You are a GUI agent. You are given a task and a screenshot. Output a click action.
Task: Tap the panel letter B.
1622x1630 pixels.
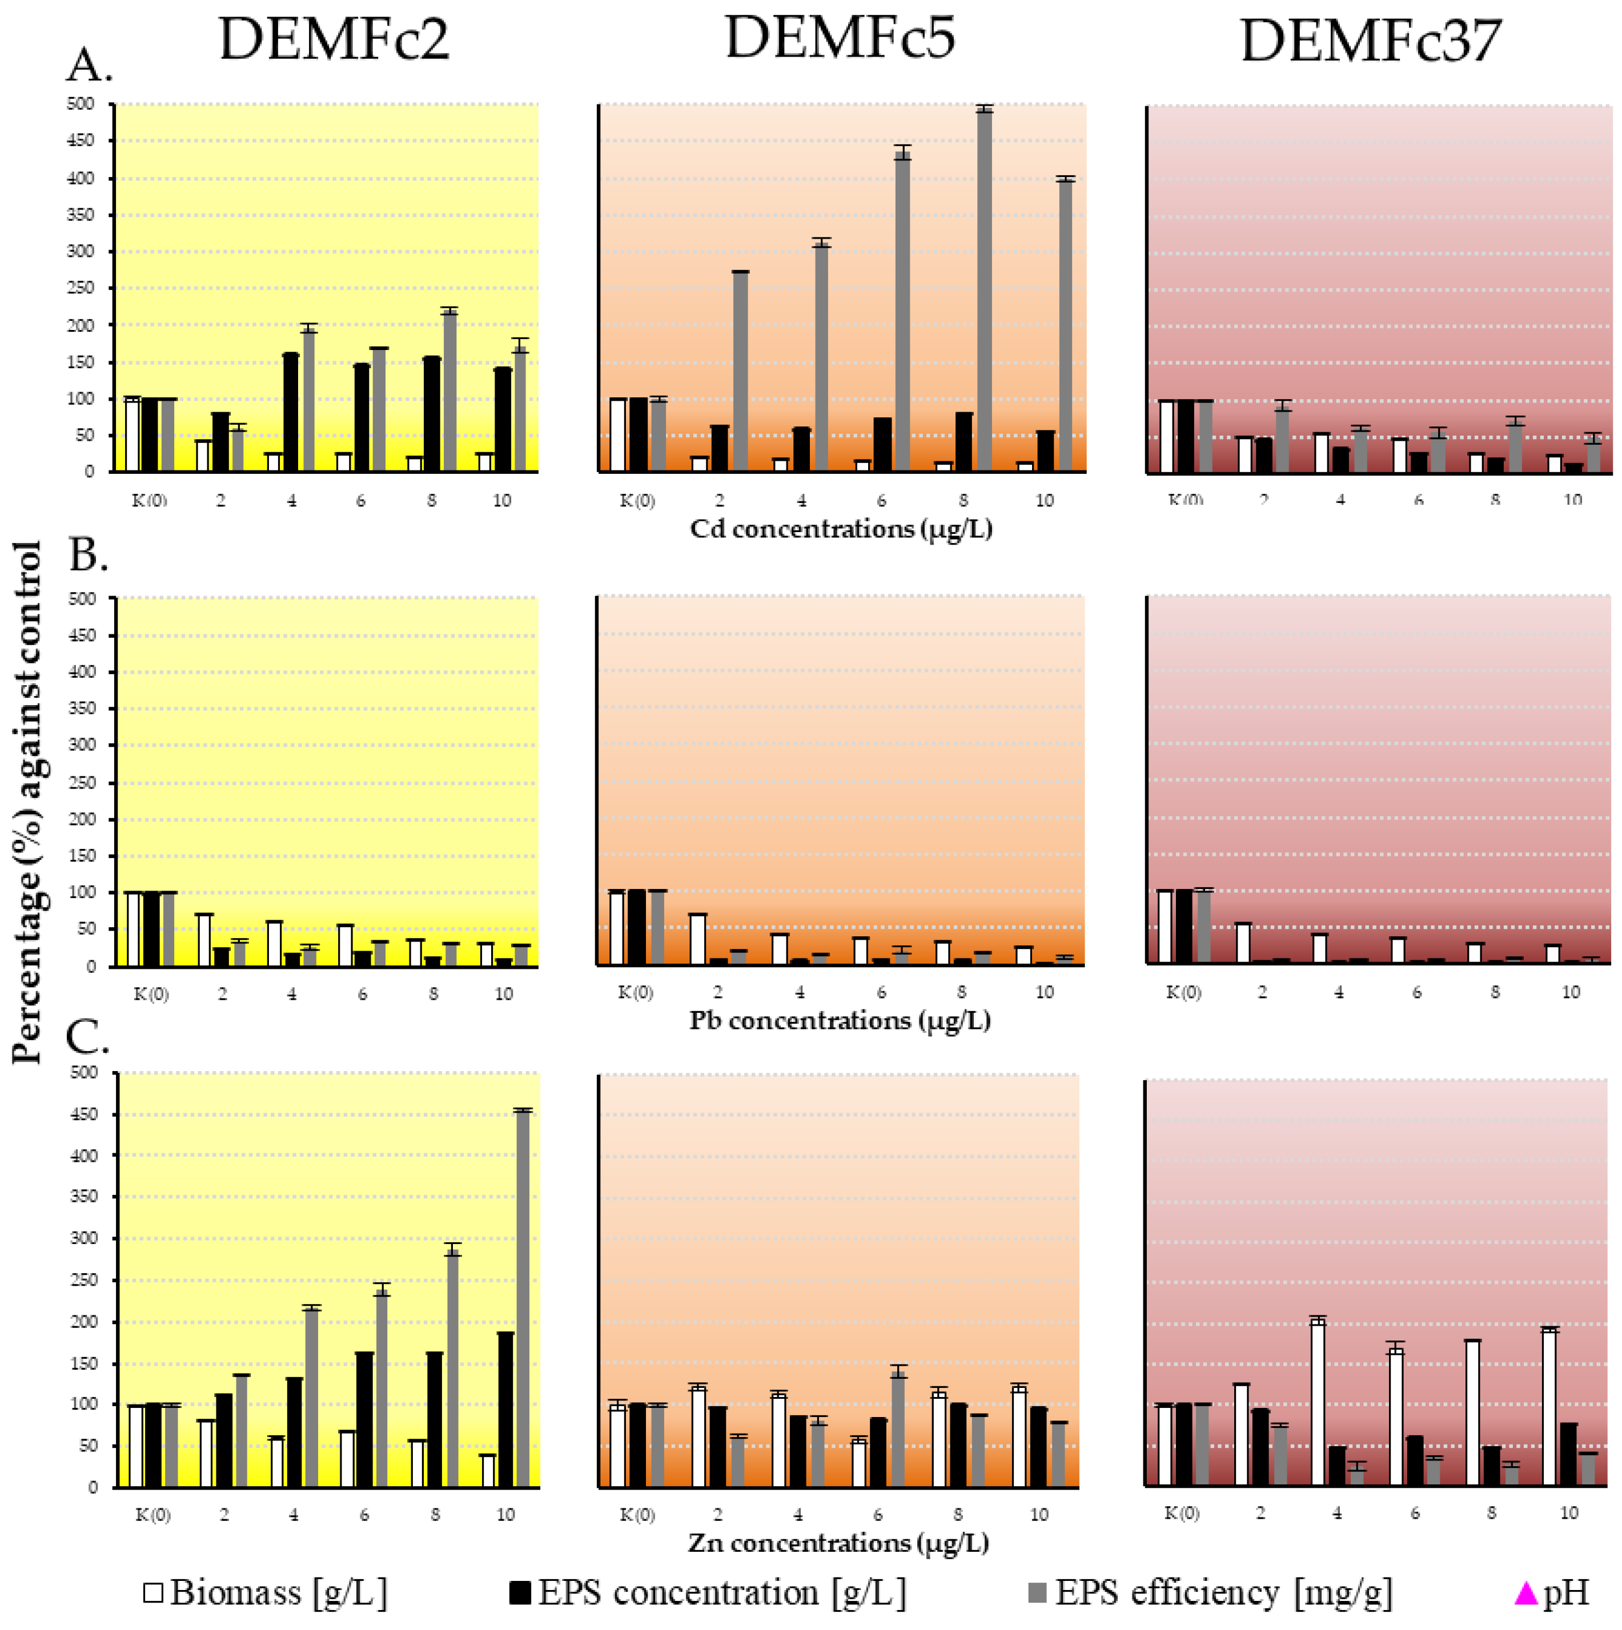pyautogui.click(x=88, y=555)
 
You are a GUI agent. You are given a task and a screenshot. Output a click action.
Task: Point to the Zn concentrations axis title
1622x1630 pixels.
pyautogui.click(x=838, y=1543)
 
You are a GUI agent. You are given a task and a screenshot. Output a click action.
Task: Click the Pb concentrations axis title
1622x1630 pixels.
pyautogui.click(x=839, y=1021)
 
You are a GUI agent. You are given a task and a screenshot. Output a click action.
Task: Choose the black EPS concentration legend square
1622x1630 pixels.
pyautogui.click(x=520, y=1593)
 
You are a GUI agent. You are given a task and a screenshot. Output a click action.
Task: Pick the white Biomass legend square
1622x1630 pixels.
pyautogui.click(x=154, y=1593)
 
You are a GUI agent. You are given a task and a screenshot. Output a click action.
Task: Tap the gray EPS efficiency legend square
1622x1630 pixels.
pyautogui.click(x=1038, y=1593)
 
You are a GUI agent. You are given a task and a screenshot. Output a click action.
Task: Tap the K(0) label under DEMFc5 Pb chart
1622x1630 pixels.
pyautogui.click(x=636, y=993)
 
